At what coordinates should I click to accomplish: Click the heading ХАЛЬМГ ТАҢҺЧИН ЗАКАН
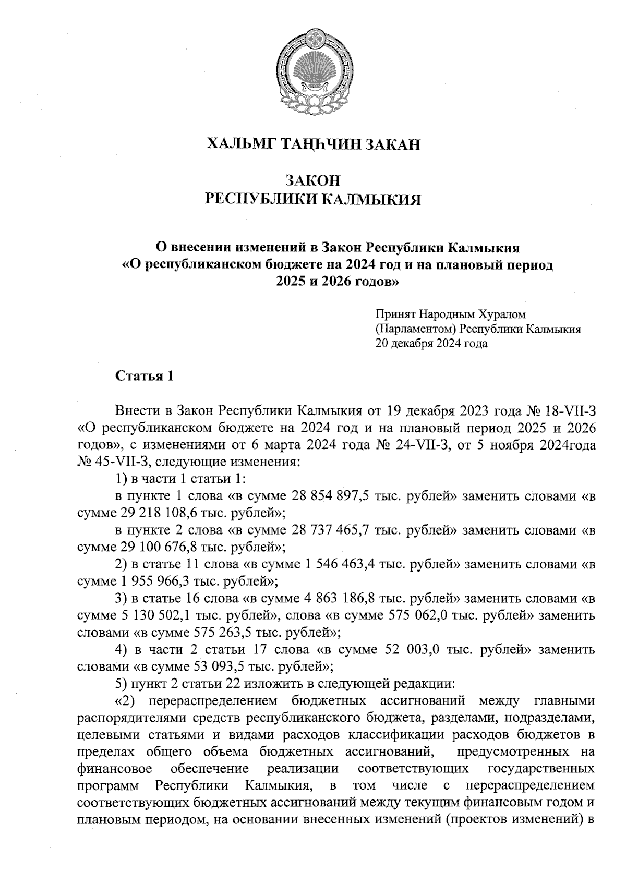click(x=313, y=144)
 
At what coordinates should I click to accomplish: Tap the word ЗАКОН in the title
click(x=313, y=180)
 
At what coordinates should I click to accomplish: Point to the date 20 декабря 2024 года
click(x=431, y=344)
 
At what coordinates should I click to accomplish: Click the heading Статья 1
click(x=144, y=376)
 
